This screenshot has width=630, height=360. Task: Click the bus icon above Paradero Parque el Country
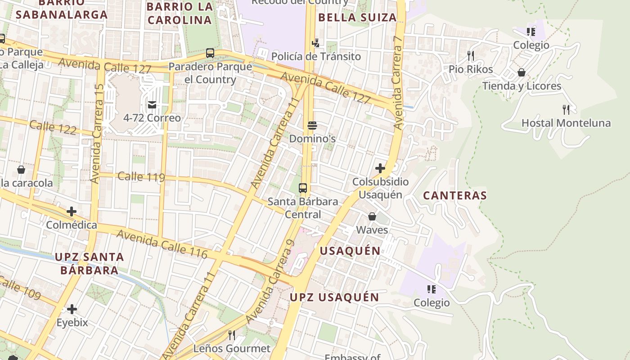pos(210,53)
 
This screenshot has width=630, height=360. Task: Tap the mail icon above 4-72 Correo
pos(152,105)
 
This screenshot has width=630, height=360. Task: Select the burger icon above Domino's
pos(312,125)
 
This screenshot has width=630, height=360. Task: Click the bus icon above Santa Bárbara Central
pos(303,188)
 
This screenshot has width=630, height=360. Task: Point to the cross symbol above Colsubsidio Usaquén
pos(380,168)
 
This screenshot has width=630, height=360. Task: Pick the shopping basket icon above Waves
pos(372,216)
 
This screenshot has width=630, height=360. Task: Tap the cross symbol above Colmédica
pos(72,211)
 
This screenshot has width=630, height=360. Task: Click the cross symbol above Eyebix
pos(72,309)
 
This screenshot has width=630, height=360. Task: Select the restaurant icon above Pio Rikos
pos(471,56)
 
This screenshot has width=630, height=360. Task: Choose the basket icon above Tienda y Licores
pos(522,72)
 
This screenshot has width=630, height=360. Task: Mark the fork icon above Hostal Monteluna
pos(566,109)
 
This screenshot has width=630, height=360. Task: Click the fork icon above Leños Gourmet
pos(232,335)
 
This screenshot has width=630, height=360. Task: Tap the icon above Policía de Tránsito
pos(316,43)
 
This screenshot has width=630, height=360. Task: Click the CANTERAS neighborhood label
pos(455,195)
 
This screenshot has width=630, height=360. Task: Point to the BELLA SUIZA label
pos(357,18)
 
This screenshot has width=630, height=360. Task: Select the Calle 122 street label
pos(53,127)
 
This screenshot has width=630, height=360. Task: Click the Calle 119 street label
pos(141,176)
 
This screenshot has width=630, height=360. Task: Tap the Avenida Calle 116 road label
pos(162,244)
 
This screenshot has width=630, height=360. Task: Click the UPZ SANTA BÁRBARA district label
pos(89,264)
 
